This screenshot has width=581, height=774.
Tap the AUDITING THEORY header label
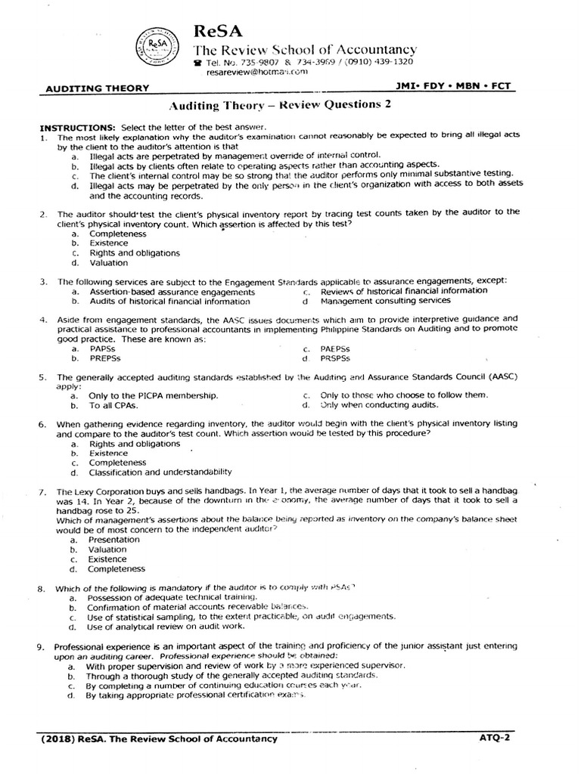(x=98, y=88)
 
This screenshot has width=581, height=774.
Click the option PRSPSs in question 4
(x=337, y=359)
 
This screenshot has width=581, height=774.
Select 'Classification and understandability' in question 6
(x=160, y=472)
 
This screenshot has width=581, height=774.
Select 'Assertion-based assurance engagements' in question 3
(x=172, y=291)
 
